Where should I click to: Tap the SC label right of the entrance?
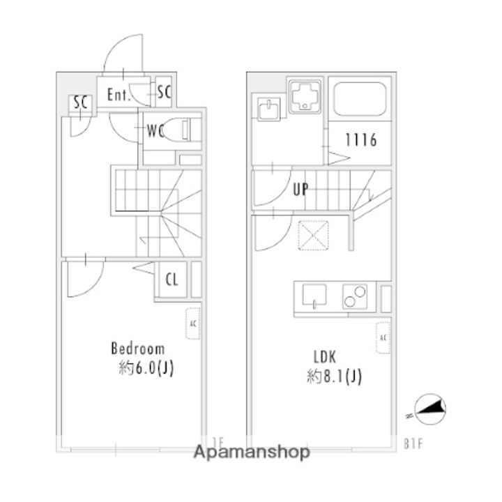point(164,91)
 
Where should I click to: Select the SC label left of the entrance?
point(80,102)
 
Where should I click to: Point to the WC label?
point(155,130)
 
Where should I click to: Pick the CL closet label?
point(172,281)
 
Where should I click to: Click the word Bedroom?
point(138,348)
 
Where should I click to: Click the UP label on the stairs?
point(301,189)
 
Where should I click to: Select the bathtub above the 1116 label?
point(361,99)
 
